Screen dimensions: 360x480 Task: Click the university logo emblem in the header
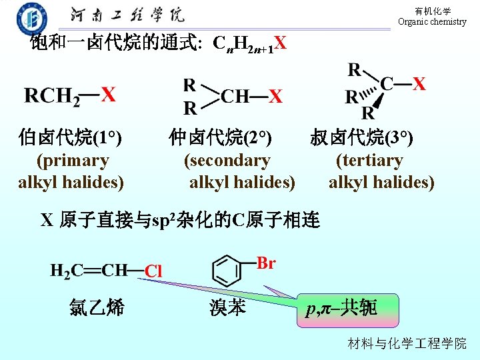tap(31, 17)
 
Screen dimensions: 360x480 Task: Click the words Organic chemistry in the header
tap(432, 21)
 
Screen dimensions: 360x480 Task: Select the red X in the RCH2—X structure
tap(107, 95)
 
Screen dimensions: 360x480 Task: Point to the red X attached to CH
tap(275, 97)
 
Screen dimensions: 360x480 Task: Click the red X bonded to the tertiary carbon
tap(419, 84)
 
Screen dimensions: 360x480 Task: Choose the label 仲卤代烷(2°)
tap(220, 138)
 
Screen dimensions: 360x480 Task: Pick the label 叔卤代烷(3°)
tap(361, 138)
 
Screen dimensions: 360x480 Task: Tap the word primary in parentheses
tap(73, 160)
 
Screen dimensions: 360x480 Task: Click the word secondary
tap(227, 160)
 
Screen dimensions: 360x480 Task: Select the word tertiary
tap(369, 160)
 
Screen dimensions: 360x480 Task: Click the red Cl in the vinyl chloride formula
tap(153, 271)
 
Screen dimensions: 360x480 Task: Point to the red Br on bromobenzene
tap(266, 263)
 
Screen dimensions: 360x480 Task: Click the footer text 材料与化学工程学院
tap(407, 343)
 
